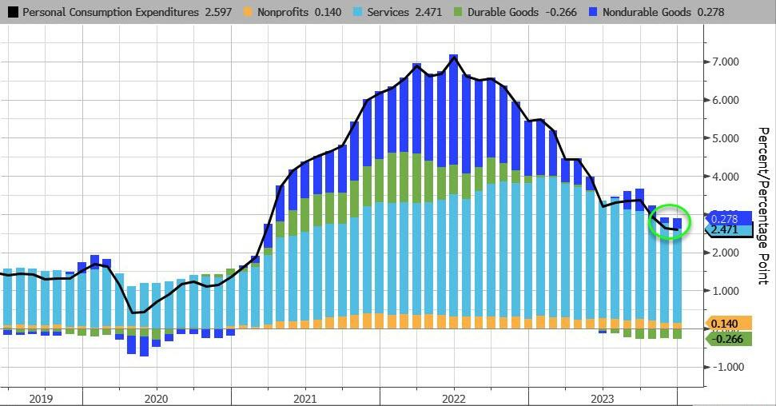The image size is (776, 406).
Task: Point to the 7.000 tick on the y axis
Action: coord(722,62)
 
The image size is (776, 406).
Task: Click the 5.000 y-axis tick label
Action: coord(722,138)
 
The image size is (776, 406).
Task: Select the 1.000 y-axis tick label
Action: coord(722,291)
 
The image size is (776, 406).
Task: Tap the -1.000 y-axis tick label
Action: coord(720,367)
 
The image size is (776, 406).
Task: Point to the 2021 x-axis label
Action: coord(304,397)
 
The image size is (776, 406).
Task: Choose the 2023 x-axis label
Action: coord(603,397)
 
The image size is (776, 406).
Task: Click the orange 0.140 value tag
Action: coord(728,324)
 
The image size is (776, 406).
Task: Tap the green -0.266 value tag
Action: coord(728,339)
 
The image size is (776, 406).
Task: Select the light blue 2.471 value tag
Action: coord(728,230)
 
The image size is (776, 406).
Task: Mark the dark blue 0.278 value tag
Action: coord(728,217)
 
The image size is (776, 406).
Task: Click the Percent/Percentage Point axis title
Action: coord(762,205)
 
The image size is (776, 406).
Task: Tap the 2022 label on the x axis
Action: coord(454,397)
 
